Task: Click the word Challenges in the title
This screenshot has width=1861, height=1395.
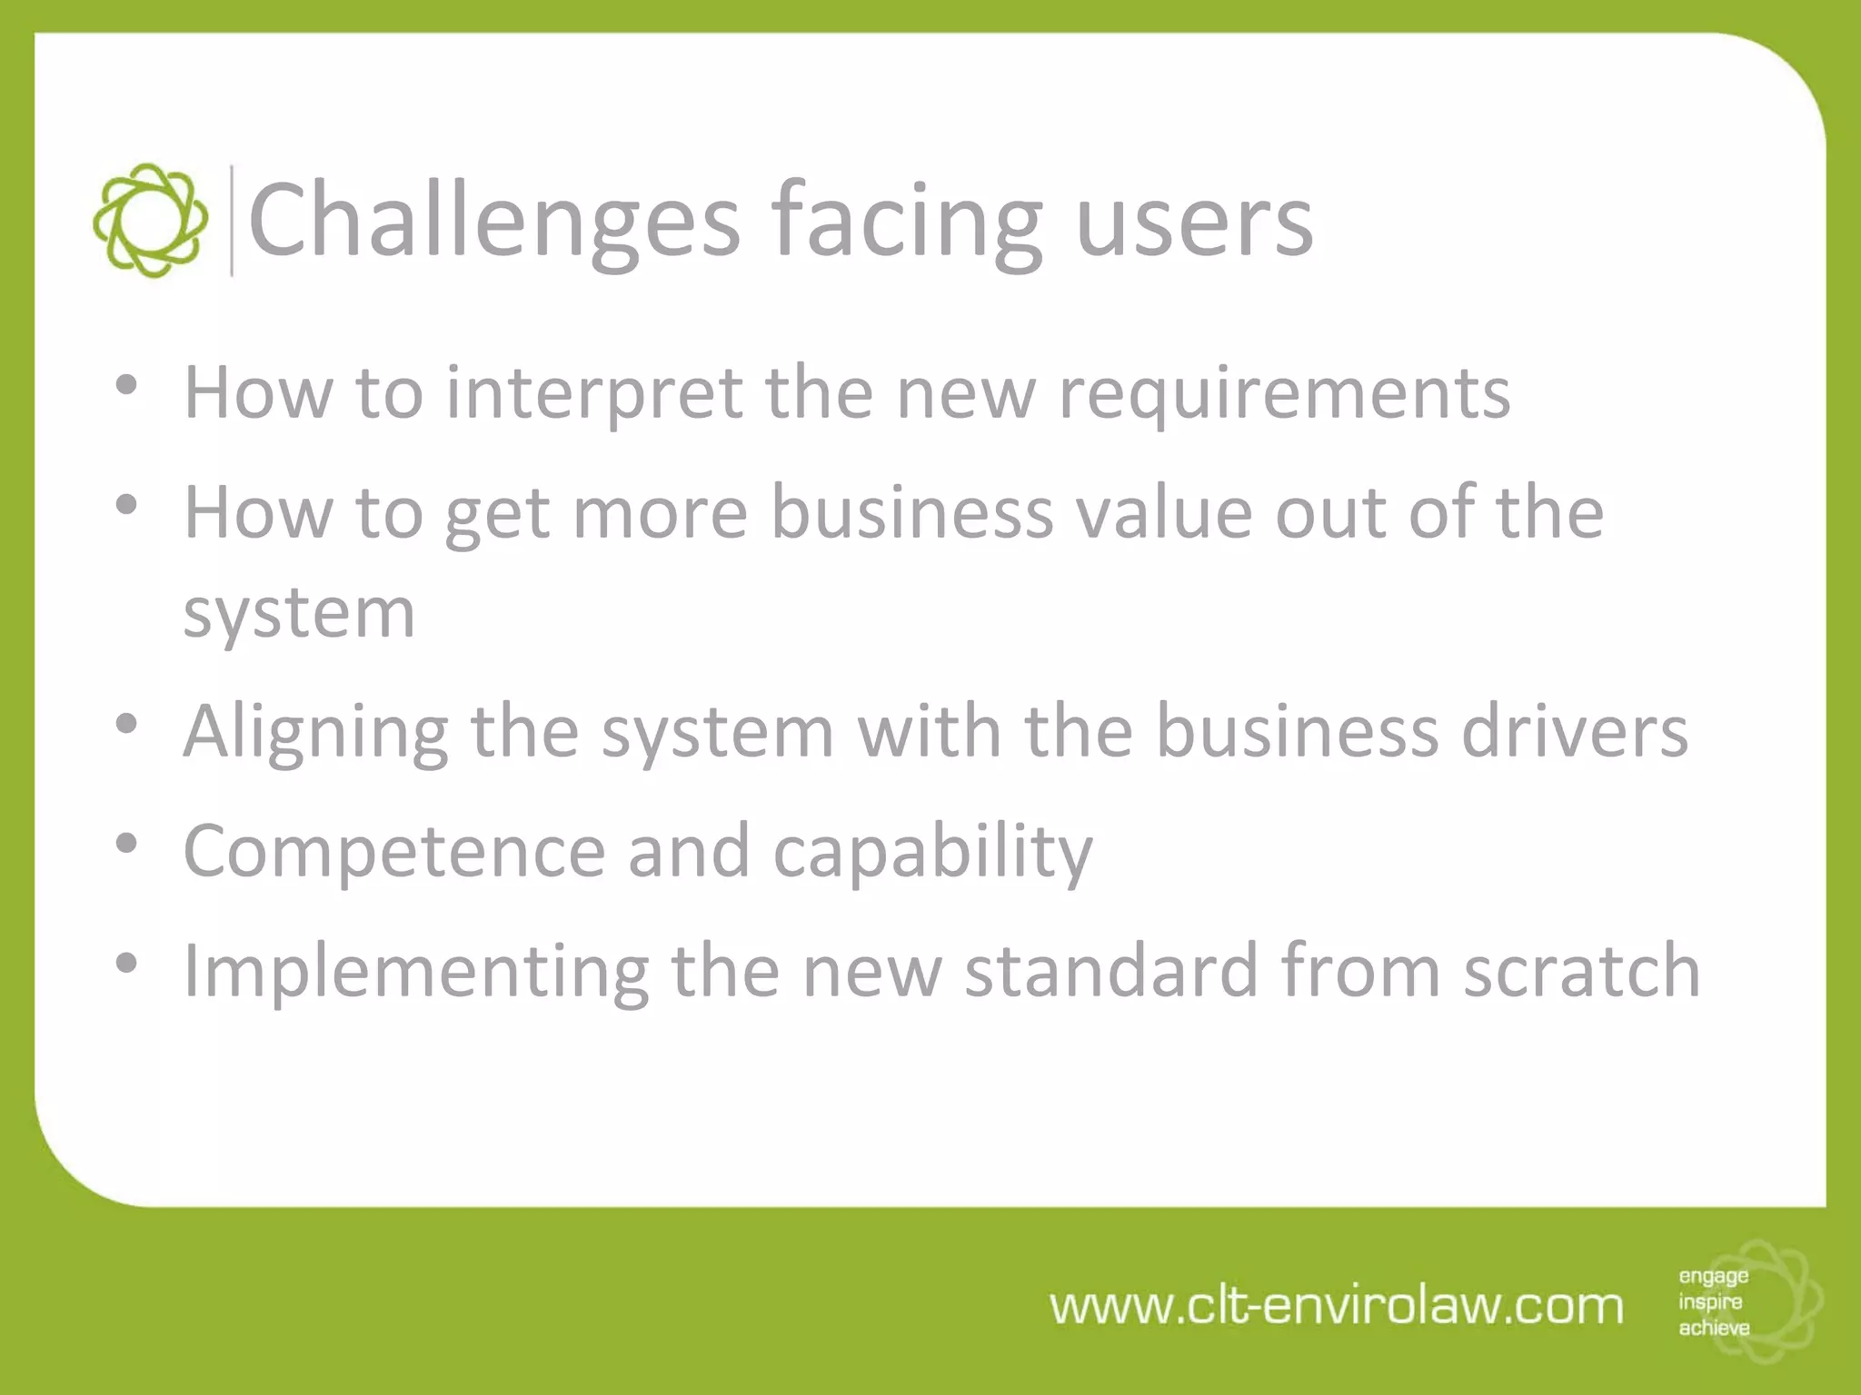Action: coord(493,221)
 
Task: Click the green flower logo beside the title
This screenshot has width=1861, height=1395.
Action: coord(150,221)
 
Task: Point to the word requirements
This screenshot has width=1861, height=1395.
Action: coord(1284,393)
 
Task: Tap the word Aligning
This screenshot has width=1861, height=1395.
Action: coord(315,732)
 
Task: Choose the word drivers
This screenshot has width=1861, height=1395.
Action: coord(1574,731)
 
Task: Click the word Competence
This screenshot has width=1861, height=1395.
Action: coord(394,850)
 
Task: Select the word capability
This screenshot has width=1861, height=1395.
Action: coord(932,852)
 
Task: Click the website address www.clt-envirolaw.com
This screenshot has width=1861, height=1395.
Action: coord(1337,1306)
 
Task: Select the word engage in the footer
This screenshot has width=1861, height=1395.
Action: coord(1713,1277)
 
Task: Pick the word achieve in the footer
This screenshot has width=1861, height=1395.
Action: coord(1714,1328)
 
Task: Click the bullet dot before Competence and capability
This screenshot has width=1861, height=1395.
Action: coord(126,844)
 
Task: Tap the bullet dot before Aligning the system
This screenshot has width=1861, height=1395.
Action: coord(126,724)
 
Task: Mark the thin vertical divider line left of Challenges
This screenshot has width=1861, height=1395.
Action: coord(232,221)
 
